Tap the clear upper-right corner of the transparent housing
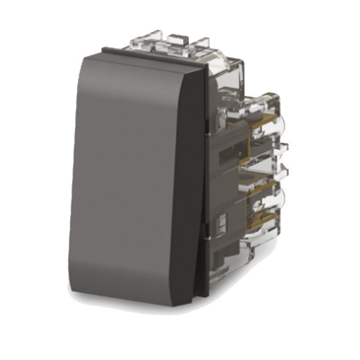point(241,63)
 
